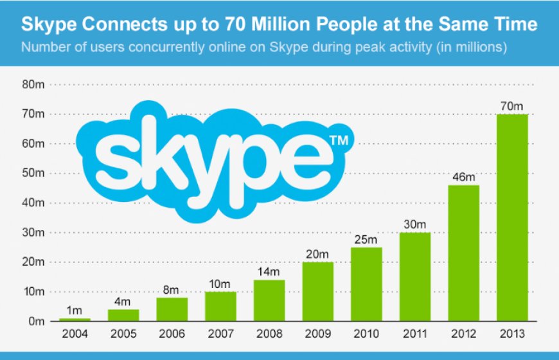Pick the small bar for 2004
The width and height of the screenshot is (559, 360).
pyautogui.click(x=75, y=319)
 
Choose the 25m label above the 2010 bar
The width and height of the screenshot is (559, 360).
pyautogui.click(x=366, y=239)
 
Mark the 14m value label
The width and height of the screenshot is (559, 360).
pyautogui.click(x=269, y=272)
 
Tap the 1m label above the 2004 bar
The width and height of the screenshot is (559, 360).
pyautogui.click(x=75, y=310)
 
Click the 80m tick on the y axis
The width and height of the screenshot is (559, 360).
pyautogui.click(x=33, y=84)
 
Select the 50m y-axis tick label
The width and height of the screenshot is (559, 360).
pyautogui.click(x=33, y=173)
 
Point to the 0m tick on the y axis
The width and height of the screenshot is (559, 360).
pyautogui.click(x=35, y=321)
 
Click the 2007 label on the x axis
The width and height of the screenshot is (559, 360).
pyautogui.click(x=221, y=334)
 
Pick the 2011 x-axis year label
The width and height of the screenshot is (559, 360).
pyautogui.click(x=415, y=334)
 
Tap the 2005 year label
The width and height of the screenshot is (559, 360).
pyautogui.click(x=124, y=334)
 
